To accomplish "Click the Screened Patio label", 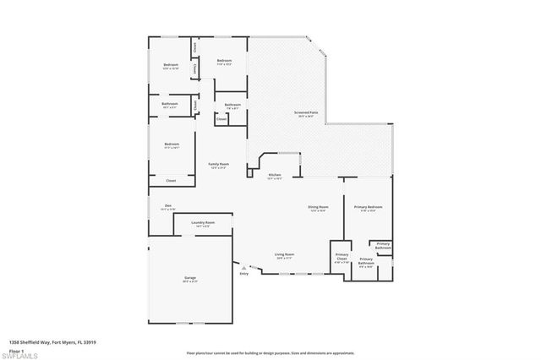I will point(306,112).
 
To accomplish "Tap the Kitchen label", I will point(275,175).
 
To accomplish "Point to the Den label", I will point(167,205).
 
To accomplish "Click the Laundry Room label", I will point(205,222).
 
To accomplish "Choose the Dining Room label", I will point(318,207).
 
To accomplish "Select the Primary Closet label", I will point(342,255).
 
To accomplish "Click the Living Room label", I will point(284,254).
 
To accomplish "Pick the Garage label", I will point(190,278).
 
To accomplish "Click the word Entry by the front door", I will point(244,274).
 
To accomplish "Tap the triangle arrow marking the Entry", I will point(244,267).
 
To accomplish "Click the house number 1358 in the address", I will point(16,342).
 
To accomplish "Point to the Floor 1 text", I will point(18,348).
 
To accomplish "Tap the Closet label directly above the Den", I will point(170,180).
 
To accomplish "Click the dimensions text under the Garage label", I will point(190,282).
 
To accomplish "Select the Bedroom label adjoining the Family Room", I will point(172,144).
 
